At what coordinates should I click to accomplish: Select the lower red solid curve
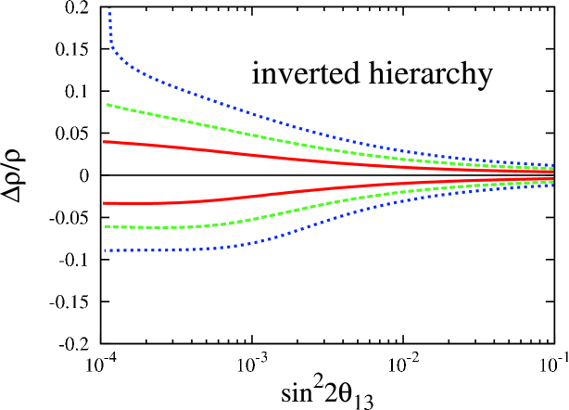point(278,193)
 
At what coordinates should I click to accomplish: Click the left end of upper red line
point(104,142)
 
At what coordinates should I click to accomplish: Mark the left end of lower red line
point(104,203)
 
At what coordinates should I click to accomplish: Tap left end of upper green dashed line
point(107,105)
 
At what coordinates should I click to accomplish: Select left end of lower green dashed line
point(106,226)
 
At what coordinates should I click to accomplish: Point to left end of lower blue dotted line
point(105,250)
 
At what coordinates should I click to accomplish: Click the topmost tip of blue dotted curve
point(109,8)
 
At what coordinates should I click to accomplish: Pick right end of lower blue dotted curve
point(552,185)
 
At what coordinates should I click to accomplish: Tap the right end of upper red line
point(552,172)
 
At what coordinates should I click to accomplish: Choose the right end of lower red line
point(552,177)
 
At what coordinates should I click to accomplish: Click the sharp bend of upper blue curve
point(112,45)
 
